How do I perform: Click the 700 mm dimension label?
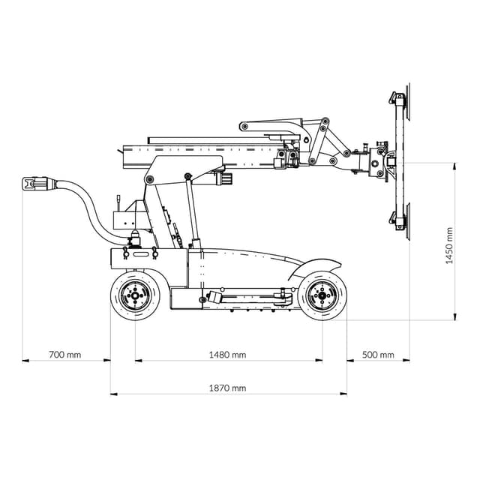point(64,355)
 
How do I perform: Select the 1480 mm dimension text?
point(228,355)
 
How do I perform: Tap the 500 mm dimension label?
point(378,355)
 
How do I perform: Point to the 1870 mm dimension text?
point(228,388)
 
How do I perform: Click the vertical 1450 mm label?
point(449,244)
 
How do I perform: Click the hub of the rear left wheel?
point(135,296)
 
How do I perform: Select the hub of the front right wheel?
point(322,296)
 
